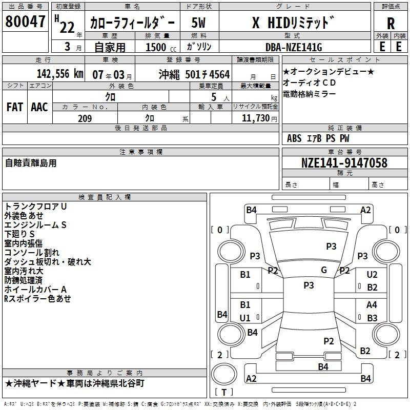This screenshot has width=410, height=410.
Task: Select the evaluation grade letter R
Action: point(391,24)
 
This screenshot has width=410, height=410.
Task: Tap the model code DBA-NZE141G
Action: point(294,47)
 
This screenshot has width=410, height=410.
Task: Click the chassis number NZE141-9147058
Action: point(344,163)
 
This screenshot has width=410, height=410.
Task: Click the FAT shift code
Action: point(14,107)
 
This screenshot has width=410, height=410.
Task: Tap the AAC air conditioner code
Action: point(39,107)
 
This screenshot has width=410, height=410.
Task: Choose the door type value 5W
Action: point(199,23)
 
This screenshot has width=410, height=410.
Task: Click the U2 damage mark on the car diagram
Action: point(372,275)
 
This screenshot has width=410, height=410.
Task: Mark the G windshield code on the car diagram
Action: point(324,270)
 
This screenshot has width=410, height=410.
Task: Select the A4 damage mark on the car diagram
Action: point(372,305)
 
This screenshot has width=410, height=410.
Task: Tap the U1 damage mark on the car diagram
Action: point(245,318)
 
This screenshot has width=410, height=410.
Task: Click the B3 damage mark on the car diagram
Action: point(372,318)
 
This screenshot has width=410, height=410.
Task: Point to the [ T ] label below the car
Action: point(223,392)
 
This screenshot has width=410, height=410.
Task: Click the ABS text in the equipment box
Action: point(294,138)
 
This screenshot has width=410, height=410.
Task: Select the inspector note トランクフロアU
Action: point(36,206)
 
